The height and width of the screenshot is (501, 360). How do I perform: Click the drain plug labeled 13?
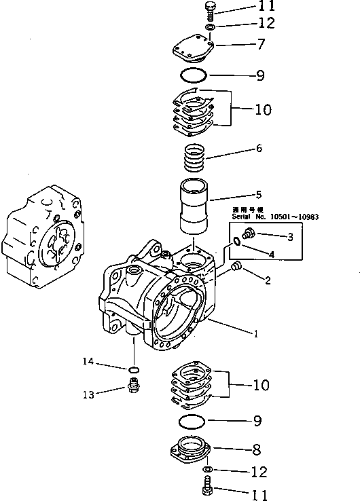134,390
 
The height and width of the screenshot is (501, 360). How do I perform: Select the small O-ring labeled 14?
134,369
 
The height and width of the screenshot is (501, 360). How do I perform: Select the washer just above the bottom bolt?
209,470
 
